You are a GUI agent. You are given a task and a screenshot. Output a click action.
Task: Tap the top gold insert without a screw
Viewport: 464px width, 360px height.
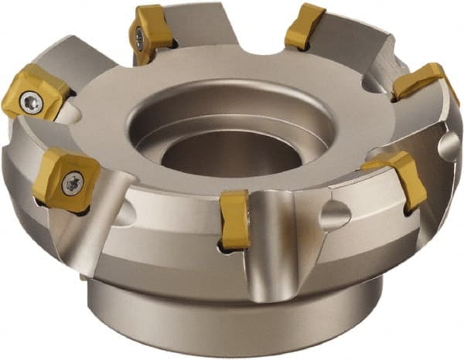[x=305, y=27]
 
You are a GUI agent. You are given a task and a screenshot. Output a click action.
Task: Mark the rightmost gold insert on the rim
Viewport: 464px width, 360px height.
[x=420, y=81]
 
